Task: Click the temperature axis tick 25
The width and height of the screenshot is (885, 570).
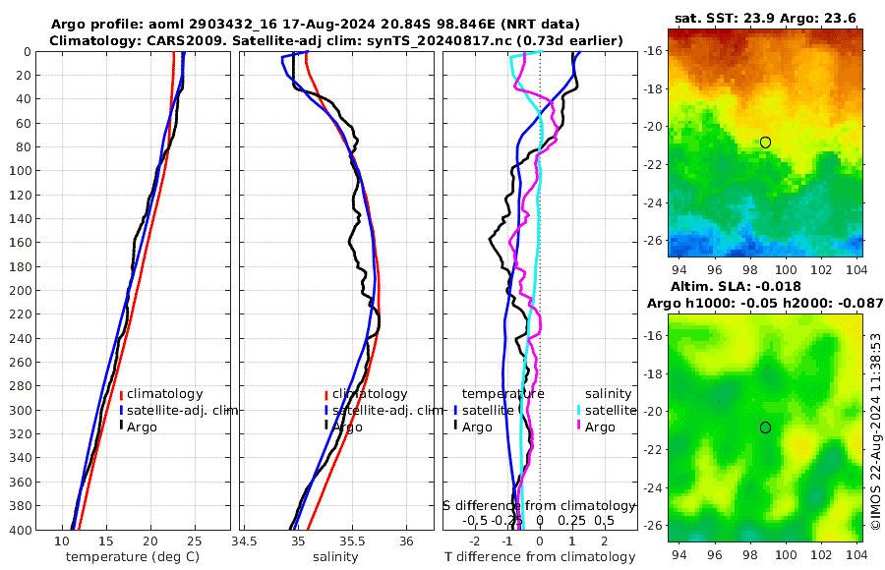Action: click(x=194, y=541)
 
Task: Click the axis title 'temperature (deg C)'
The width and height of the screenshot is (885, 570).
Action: click(x=134, y=557)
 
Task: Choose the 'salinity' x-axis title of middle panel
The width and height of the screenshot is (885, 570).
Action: click(x=335, y=557)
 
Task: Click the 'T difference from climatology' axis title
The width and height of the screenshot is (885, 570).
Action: click(x=541, y=557)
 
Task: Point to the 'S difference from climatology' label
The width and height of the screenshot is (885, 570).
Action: click(x=539, y=505)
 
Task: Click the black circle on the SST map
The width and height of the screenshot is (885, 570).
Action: click(x=765, y=142)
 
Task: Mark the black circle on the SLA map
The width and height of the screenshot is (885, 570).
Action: click(x=765, y=427)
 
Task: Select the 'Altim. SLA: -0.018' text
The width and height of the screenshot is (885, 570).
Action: click(x=766, y=286)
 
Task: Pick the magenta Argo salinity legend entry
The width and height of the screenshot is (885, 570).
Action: click(x=596, y=427)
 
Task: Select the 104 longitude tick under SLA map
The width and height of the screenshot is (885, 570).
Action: click(x=855, y=555)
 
